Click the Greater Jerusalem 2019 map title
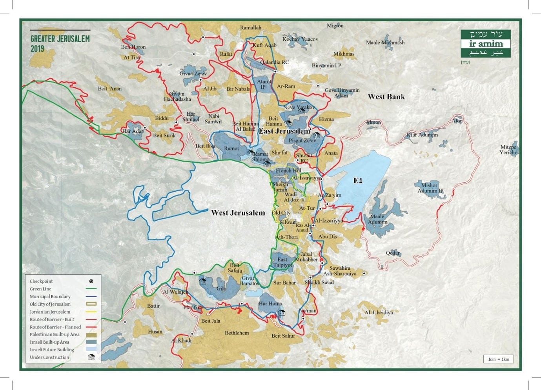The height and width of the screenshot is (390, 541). point(60,43)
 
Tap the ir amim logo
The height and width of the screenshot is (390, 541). point(486,44)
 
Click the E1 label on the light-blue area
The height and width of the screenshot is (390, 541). point(357,181)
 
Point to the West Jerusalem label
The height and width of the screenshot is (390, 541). point(238,213)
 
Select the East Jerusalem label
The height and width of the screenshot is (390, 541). point(284,131)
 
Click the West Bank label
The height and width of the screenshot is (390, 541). point(386,96)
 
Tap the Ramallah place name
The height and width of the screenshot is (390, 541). point(251,27)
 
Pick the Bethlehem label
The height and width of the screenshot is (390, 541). point(237,333)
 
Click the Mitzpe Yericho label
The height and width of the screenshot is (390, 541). point(508,150)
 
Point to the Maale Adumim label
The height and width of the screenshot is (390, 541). point(377,219)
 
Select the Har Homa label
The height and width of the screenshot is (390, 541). point(270,303)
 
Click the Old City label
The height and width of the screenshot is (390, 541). point(281,213)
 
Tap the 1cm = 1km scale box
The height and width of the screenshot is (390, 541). point(498,359)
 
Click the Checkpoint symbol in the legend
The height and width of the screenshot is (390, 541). point(91,281)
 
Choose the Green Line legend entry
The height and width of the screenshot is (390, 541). point(40,289)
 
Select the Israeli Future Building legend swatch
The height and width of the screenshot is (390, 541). point(91,350)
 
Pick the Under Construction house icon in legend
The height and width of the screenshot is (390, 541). point(91,357)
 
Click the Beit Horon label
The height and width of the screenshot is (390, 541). point(133,47)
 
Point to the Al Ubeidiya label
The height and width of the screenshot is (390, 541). point(379,312)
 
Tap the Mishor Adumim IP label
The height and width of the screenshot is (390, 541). point(430,188)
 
